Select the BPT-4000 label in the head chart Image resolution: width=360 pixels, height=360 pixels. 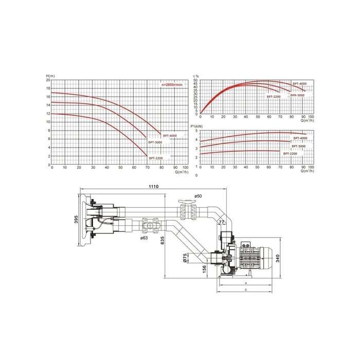click(169, 136)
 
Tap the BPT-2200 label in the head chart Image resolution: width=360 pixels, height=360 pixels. click(156, 157)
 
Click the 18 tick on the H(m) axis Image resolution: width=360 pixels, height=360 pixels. click(48, 88)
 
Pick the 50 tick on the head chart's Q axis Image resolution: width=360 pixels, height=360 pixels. click(120, 168)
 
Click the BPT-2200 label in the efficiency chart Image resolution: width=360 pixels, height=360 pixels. click(274, 97)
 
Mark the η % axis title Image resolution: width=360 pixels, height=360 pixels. click(196, 77)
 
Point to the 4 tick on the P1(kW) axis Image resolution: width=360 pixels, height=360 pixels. click(196, 140)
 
